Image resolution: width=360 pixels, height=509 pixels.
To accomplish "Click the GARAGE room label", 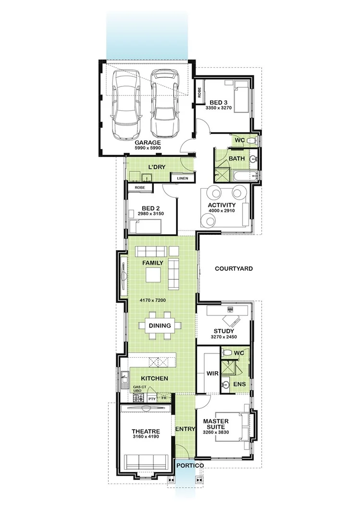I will (x=148, y=143).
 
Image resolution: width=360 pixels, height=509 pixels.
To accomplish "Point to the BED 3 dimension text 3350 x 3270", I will (x=219, y=108).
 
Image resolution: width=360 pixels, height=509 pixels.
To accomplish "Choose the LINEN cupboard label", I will (x=183, y=178).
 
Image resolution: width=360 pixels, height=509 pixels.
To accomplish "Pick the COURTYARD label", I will (x=234, y=269).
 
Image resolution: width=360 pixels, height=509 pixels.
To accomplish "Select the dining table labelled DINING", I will (x=160, y=326).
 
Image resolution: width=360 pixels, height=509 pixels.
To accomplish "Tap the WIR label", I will (x=212, y=373).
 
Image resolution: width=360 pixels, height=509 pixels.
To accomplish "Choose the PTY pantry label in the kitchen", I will (x=151, y=399).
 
